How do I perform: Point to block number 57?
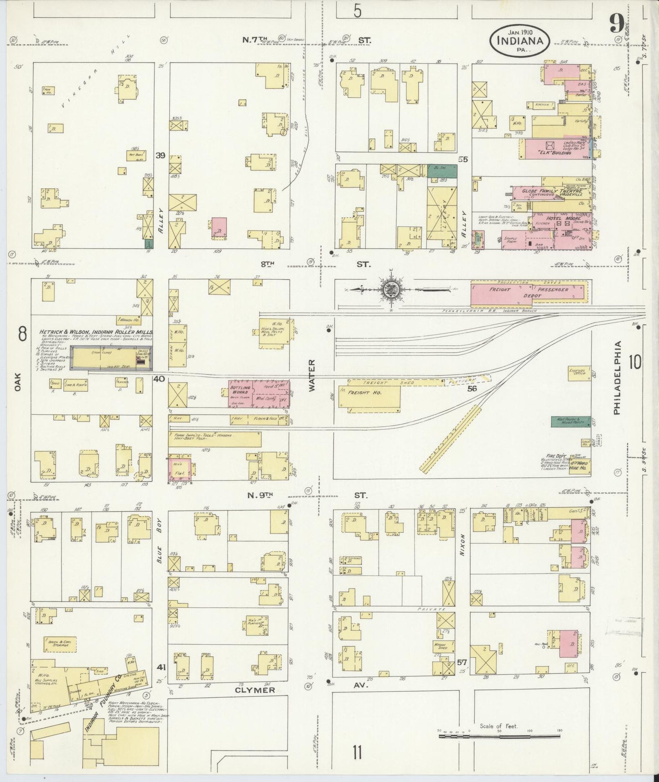tap(462, 661)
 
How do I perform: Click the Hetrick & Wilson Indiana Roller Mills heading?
tap(96, 332)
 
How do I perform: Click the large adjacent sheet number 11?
tap(357, 751)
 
